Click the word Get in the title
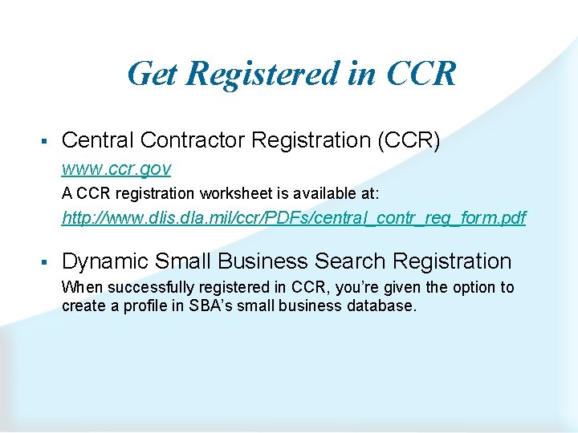coord(153,74)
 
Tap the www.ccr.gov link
coord(116,169)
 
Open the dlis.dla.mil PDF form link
coord(294,217)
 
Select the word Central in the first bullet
coord(97,140)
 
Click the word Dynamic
coord(104,261)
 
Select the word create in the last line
coord(81,306)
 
